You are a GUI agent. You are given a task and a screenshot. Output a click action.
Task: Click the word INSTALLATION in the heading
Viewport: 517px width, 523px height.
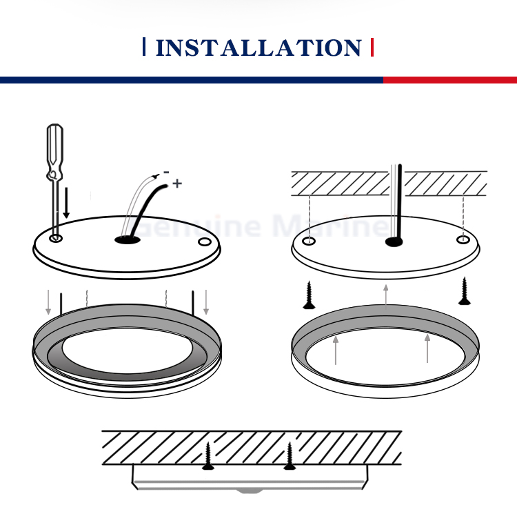pos(258,48)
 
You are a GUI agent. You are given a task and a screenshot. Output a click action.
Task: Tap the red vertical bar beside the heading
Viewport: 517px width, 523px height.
pos(372,48)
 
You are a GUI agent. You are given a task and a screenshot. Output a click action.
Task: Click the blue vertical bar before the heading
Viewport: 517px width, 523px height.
pos(144,47)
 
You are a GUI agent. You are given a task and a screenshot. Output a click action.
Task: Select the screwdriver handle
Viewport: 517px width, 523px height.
pos(55,152)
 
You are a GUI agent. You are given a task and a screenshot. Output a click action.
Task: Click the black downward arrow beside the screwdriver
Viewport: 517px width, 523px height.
pos(66,203)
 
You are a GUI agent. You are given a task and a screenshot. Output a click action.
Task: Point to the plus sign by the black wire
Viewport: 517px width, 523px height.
pos(177,184)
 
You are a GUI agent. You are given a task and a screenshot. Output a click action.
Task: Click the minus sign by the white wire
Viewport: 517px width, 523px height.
pos(166,172)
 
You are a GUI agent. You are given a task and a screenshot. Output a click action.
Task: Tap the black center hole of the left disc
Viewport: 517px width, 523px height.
pos(128,239)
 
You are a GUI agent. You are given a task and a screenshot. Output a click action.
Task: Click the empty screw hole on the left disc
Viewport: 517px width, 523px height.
pos(205,241)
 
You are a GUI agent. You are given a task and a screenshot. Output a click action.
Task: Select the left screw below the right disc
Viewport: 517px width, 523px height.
pos(309,295)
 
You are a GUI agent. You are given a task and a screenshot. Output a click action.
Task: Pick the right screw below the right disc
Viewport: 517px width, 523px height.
pos(465,291)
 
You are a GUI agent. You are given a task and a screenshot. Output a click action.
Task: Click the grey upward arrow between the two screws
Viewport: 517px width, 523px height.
pos(385,295)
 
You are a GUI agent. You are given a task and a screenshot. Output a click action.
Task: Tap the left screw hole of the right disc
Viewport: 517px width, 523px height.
pos(309,241)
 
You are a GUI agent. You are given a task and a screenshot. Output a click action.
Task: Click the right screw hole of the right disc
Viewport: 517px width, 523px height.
pos(463,239)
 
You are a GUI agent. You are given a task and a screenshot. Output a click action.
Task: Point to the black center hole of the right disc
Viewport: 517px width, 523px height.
pos(394,241)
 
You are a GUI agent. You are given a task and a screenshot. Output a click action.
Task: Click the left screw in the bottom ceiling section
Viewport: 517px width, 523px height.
pos(208,456)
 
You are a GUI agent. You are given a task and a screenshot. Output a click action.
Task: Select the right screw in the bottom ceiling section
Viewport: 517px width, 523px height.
pos(290,456)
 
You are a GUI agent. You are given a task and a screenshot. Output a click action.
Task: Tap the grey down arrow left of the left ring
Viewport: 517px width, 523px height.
pos(48,302)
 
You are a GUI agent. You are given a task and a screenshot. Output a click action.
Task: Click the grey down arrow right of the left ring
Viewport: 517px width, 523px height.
pos(206,302)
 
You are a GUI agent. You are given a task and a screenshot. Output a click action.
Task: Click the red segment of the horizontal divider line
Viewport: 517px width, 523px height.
pos(450,80)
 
